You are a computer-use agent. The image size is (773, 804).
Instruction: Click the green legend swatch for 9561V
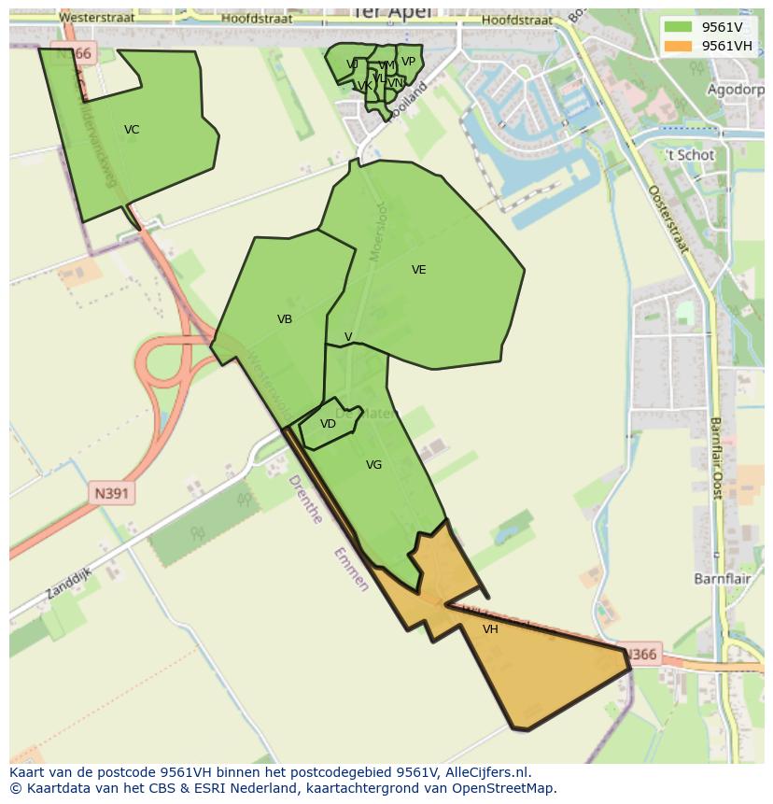679,27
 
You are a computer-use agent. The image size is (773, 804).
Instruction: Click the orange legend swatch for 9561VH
679,46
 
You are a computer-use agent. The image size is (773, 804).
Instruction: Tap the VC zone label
132,130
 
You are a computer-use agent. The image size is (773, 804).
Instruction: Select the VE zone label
418,270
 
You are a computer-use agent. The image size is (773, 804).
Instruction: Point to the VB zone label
285,319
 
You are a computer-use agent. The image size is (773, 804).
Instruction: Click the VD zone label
328,424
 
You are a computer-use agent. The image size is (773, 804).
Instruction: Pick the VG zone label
373,465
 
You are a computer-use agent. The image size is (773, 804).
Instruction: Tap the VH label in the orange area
490,629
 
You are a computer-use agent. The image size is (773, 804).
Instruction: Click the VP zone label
408,62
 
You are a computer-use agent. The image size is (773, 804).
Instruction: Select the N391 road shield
112,493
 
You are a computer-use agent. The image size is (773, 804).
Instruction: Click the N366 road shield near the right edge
640,655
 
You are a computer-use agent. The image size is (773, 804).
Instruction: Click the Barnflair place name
723,579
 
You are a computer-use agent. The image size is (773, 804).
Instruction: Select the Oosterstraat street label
668,219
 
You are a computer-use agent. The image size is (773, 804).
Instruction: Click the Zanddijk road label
68,582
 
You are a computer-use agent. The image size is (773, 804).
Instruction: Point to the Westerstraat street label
96,18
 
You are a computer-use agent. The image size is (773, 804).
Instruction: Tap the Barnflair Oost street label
717,458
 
